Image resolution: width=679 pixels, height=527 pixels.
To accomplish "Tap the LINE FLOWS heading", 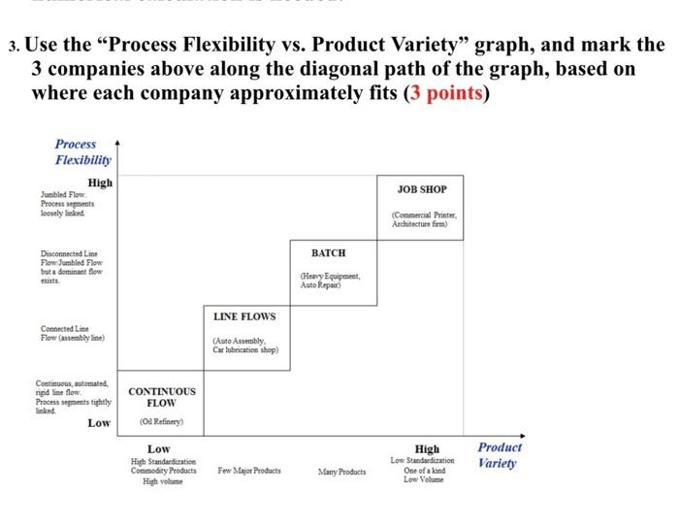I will (x=243, y=316).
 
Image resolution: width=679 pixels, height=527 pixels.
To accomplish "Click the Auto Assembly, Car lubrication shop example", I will (x=244, y=345).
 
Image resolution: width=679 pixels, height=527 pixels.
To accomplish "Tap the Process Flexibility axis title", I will (x=82, y=151).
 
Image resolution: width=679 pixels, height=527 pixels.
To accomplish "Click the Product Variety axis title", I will (x=500, y=454).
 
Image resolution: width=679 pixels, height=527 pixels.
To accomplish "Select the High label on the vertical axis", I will (x=100, y=182).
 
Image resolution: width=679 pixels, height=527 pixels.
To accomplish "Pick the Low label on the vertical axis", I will (x=99, y=423).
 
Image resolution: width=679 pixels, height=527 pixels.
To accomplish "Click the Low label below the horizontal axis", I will (x=158, y=448).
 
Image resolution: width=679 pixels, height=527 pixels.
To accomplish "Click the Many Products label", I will (x=342, y=472).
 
